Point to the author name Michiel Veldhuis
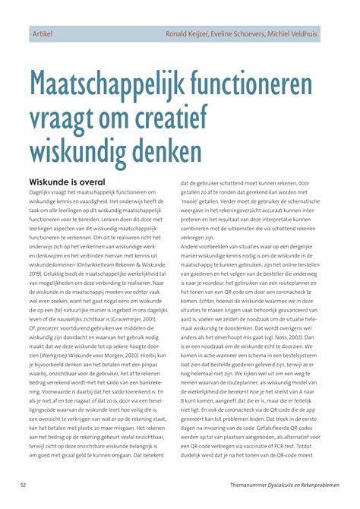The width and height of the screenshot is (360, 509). coord(311,36)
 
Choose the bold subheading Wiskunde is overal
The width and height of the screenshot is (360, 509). coord(66,182)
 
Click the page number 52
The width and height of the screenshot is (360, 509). coord(24,484)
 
